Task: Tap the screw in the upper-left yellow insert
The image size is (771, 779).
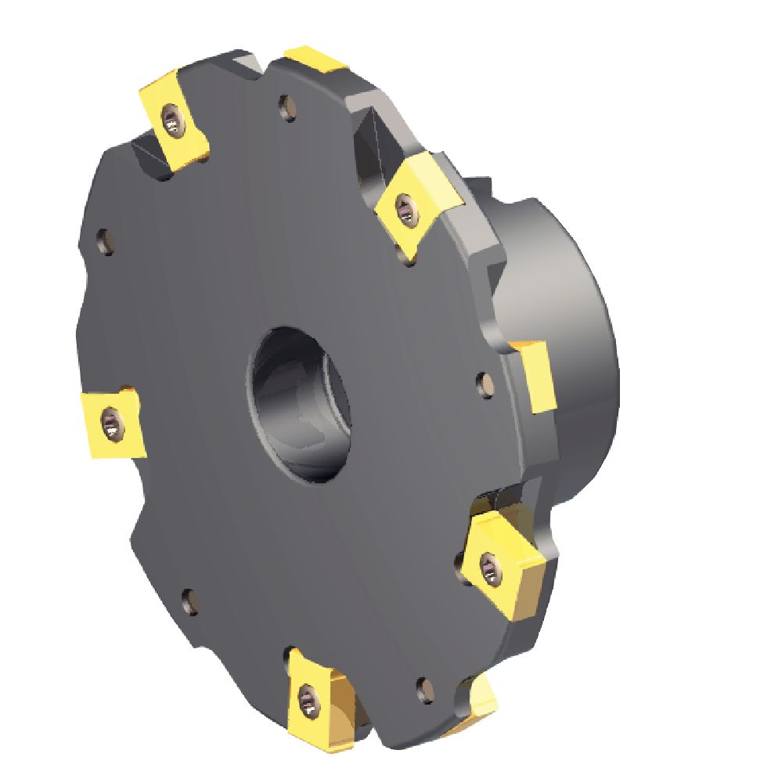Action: coord(171,121)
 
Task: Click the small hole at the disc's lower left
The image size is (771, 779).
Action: coord(189,600)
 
